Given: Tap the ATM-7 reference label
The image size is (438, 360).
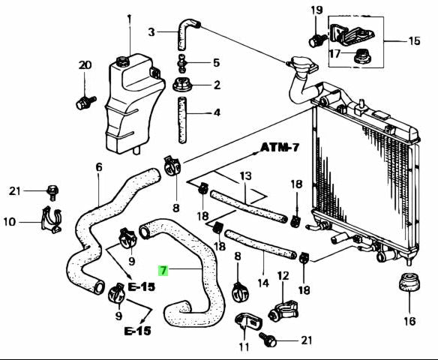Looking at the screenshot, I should click(x=280, y=147).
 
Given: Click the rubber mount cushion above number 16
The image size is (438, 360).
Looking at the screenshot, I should click(x=409, y=287).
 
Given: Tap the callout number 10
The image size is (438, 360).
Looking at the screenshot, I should click(x=9, y=222).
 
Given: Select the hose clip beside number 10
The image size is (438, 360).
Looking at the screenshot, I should click(x=49, y=220).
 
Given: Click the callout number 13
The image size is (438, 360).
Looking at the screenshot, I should click(x=244, y=177).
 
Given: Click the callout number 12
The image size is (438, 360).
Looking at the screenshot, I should click(x=282, y=276).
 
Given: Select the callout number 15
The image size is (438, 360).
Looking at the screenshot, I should click(x=414, y=40).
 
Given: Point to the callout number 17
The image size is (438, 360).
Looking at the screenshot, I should click(x=334, y=54).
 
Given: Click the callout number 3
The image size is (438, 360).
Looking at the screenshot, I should click(x=151, y=31).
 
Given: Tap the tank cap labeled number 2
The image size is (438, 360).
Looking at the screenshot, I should click(x=181, y=85).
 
